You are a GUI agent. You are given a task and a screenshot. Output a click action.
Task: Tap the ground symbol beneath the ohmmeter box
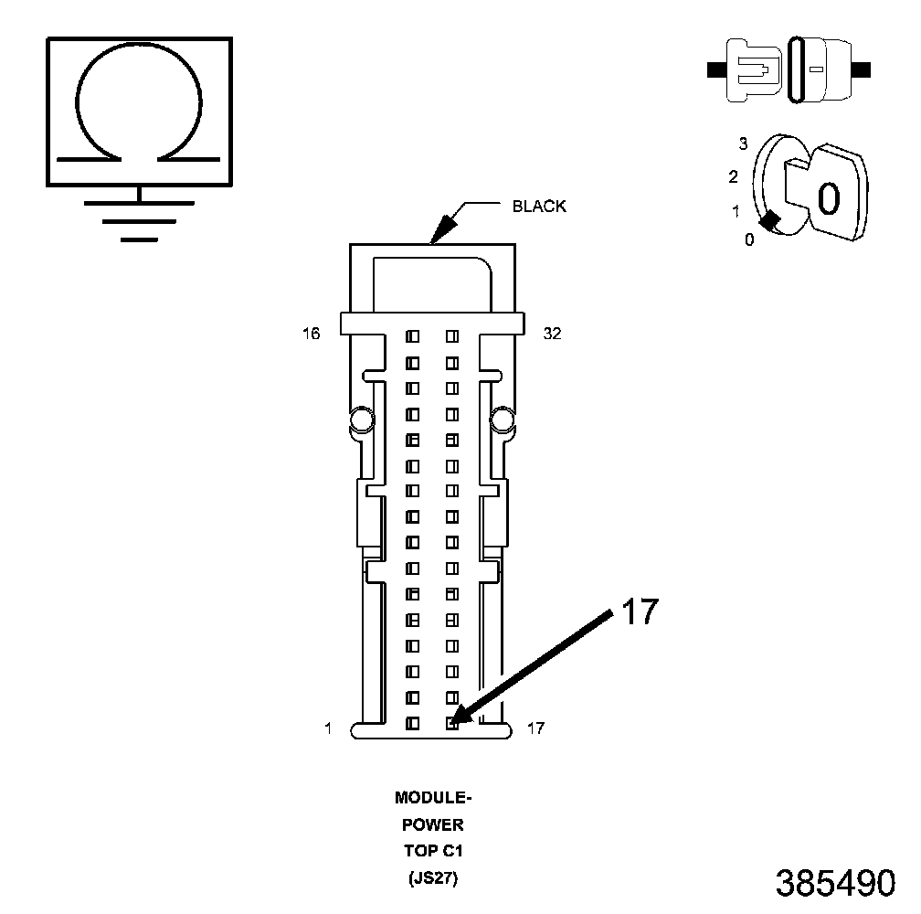[x=139, y=219]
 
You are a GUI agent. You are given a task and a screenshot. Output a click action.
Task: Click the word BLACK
[x=539, y=207]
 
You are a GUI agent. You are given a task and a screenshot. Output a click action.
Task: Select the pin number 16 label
[x=312, y=335]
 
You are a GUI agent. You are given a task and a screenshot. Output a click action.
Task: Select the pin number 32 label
[x=552, y=335]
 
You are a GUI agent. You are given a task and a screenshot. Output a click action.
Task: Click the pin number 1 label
[x=326, y=728]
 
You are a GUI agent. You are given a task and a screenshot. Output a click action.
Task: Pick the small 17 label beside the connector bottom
[x=536, y=728]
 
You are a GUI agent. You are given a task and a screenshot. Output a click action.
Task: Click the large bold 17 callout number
[x=640, y=611]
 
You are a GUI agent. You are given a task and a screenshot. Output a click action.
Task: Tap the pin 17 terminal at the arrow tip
[x=451, y=723]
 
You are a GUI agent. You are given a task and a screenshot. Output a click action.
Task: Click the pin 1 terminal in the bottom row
[x=412, y=723]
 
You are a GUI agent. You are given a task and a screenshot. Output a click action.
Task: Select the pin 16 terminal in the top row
[x=412, y=336]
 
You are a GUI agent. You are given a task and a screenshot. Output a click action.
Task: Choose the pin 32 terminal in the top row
[x=451, y=336]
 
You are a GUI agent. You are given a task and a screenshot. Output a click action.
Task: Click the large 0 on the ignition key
[x=828, y=197]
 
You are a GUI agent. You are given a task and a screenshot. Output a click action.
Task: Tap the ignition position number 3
[x=743, y=144]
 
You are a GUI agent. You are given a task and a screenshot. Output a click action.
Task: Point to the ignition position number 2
[x=734, y=176]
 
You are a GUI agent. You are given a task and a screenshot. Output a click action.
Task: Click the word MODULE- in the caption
[x=433, y=798]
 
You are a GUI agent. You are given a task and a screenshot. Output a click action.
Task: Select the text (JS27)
[x=433, y=880]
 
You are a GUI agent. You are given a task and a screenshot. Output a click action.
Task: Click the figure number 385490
[x=835, y=883]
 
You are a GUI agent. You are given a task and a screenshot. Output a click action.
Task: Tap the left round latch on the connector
[x=359, y=420]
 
